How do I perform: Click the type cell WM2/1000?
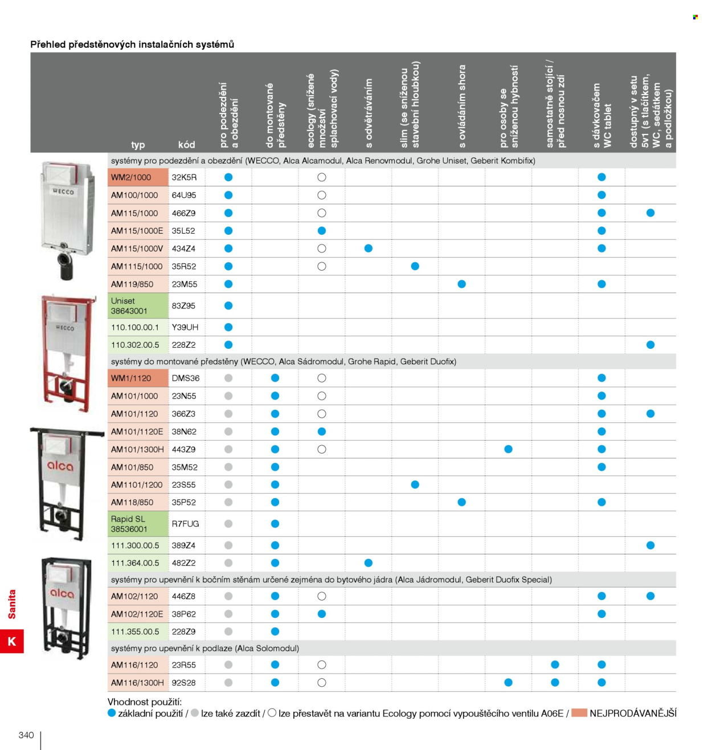(x=137, y=177)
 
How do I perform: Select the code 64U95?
(x=183, y=195)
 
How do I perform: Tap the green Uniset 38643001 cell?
(x=137, y=305)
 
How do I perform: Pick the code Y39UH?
(x=185, y=327)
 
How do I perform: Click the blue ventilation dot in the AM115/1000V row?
(x=368, y=248)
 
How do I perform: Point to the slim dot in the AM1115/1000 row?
(x=415, y=266)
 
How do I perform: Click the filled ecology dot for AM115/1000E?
(x=321, y=230)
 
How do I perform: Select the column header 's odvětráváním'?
(x=369, y=113)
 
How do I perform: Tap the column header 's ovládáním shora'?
(x=462, y=106)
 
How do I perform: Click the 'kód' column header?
(x=186, y=145)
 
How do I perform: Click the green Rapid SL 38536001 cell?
(x=137, y=524)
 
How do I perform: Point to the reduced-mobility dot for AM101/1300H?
(x=508, y=449)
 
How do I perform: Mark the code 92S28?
(x=183, y=683)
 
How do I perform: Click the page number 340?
(x=26, y=735)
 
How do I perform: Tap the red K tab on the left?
(x=12, y=641)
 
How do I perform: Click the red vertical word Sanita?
(x=12, y=604)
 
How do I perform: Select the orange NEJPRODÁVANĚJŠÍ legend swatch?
(x=579, y=712)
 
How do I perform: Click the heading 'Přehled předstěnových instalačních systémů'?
(x=132, y=44)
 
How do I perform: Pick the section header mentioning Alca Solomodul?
(x=205, y=648)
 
